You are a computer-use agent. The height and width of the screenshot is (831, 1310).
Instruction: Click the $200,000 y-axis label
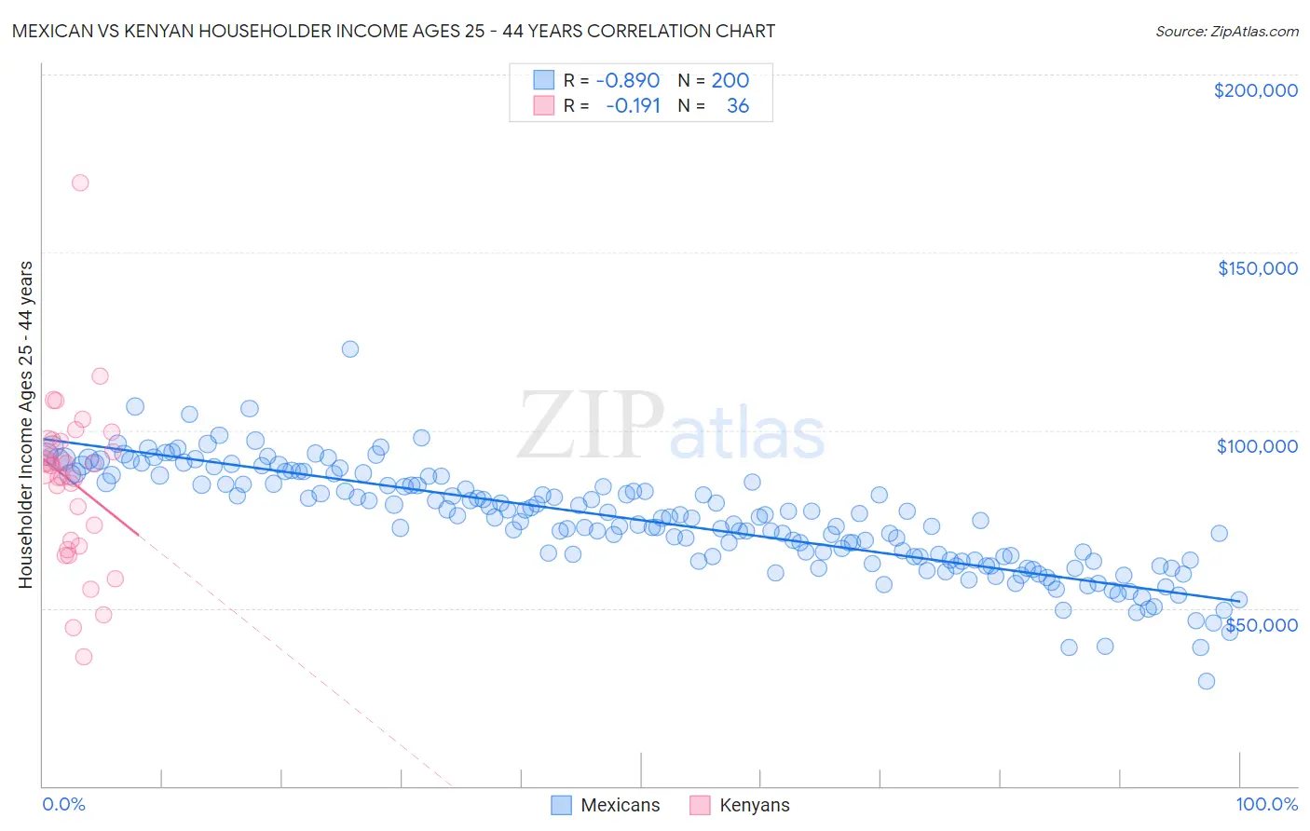(x=1255, y=90)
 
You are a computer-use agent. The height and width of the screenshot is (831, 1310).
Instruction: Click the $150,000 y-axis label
(x=1257, y=268)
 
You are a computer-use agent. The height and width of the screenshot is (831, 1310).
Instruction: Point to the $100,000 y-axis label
(x=1257, y=446)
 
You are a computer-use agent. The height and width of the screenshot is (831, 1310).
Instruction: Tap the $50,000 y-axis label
(x=1261, y=624)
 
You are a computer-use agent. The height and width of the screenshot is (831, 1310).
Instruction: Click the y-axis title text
(x=25, y=425)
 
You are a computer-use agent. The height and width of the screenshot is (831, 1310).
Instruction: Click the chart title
(x=393, y=31)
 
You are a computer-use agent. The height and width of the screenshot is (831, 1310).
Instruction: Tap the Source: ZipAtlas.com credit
(x=1226, y=31)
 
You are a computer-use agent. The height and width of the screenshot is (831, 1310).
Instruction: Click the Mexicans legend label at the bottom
(x=620, y=806)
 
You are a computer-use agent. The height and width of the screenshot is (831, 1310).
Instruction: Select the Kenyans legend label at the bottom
(x=754, y=806)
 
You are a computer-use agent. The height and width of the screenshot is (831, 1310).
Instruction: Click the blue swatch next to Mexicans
(x=561, y=806)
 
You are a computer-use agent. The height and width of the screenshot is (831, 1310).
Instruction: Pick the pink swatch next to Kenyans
(x=700, y=806)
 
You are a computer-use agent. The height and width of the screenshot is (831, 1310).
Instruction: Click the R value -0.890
(x=627, y=80)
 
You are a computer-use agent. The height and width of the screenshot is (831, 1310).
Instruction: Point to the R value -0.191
(x=633, y=105)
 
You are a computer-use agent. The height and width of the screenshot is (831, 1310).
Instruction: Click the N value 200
(x=730, y=80)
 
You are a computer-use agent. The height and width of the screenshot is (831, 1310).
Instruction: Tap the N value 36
(x=738, y=105)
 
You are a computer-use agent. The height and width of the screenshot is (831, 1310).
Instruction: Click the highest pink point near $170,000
(x=80, y=183)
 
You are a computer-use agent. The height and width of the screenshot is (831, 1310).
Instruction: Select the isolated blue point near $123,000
(x=350, y=349)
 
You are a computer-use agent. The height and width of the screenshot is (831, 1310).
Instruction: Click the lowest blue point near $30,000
(x=1206, y=681)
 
